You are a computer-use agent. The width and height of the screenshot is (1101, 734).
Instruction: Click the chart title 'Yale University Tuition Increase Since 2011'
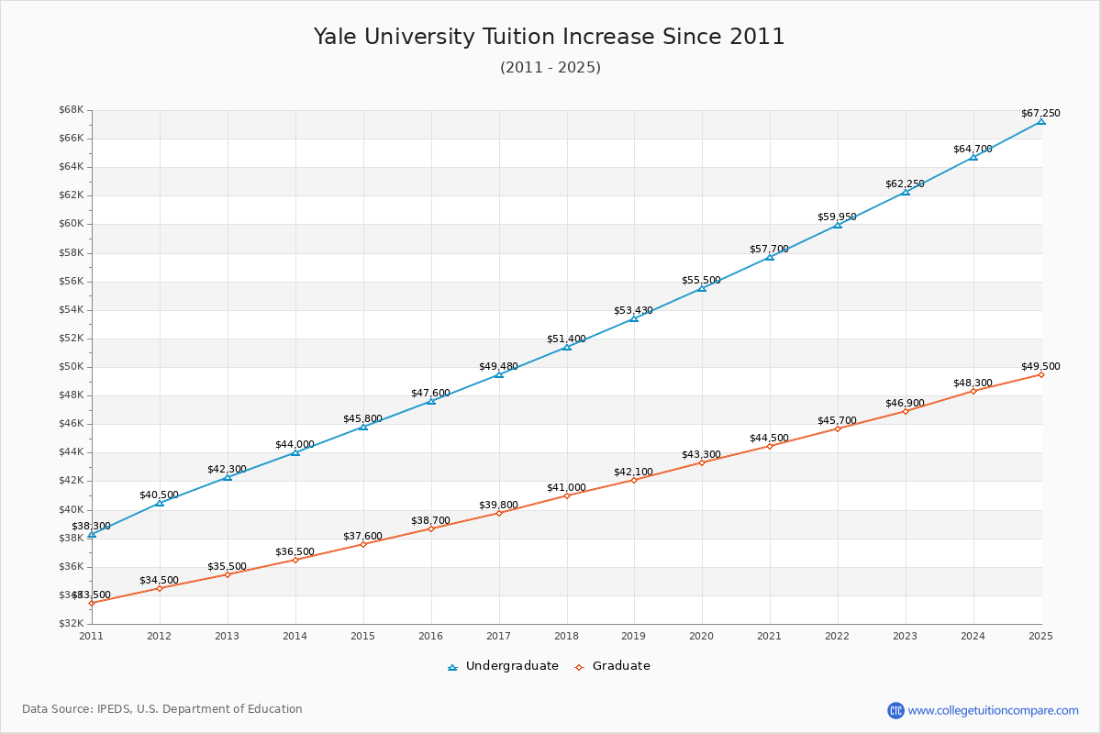[550, 37]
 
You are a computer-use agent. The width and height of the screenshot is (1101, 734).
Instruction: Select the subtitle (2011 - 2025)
[550, 67]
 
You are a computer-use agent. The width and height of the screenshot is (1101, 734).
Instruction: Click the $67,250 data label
[1040, 113]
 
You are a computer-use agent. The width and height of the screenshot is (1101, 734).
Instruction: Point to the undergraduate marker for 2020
[702, 288]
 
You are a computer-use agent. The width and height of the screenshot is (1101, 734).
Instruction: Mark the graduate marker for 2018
[567, 495]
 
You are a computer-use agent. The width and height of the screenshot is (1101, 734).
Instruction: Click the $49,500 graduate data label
[1040, 366]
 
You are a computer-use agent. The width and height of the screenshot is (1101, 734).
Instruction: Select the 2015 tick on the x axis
[362, 635]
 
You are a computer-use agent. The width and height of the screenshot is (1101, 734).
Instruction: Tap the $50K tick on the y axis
[72, 367]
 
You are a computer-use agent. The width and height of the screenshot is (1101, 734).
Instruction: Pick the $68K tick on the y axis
[72, 110]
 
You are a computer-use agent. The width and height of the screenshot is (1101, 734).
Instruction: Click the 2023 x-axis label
[905, 635]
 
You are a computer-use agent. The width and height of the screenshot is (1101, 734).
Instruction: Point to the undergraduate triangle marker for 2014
[295, 452]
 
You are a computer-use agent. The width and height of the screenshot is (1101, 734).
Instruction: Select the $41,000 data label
[566, 487]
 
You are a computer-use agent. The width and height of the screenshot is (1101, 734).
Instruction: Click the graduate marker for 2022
[838, 428]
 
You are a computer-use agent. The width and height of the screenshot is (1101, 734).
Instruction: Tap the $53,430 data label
[633, 310]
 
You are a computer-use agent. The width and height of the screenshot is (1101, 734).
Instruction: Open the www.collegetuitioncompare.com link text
[993, 710]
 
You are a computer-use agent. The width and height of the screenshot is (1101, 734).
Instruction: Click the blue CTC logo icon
[895, 710]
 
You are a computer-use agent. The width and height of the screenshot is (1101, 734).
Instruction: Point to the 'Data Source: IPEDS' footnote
[162, 709]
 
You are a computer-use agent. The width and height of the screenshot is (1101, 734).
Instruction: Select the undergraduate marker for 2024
[973, 157]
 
